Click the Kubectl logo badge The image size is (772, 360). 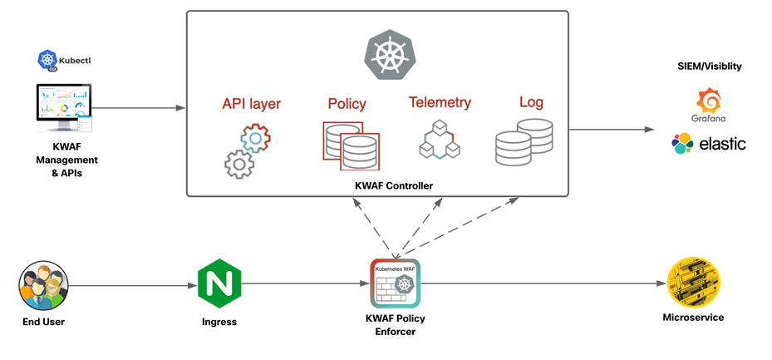pos(64,60)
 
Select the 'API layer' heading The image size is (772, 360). pos(251,105)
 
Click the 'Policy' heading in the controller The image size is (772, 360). pos(347,105)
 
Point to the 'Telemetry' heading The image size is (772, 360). pos(440,103)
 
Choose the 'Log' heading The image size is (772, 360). pos(531,103)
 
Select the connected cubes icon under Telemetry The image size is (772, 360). pos(440,140)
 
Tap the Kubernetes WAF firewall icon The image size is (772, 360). pos(395,284)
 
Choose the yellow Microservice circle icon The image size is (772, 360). pos(693,284)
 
